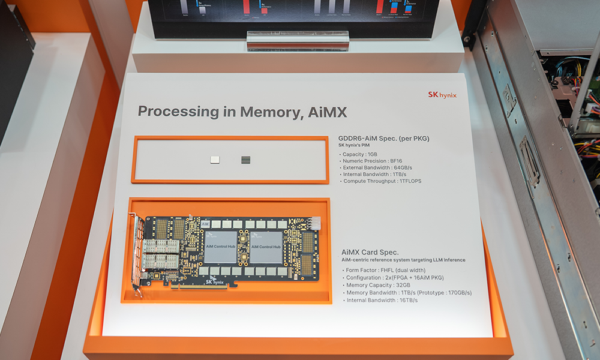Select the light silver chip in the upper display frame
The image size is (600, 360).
215,160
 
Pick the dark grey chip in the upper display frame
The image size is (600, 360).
245,160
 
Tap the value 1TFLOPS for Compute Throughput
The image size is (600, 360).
410,181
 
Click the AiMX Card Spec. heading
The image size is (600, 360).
370,252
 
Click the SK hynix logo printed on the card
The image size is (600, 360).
215,281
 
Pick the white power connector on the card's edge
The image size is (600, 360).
316,223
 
